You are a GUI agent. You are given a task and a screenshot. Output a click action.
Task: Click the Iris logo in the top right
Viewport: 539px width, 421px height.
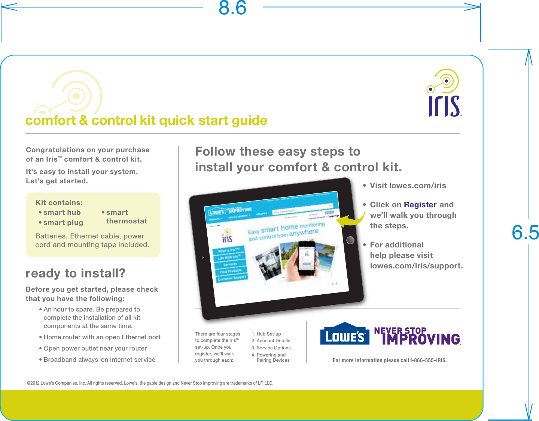coord(444,94)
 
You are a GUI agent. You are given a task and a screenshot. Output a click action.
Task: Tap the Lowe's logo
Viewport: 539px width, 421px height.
coord(345,334)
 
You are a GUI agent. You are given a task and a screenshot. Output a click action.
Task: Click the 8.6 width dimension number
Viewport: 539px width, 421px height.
coord(232,8)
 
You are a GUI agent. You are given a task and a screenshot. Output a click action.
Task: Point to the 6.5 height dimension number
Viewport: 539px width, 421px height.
coord(525,233)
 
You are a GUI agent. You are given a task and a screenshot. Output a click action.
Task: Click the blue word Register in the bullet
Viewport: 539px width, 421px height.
coord(420,205)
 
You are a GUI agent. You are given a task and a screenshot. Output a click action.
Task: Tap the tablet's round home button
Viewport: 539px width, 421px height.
coord(350,240)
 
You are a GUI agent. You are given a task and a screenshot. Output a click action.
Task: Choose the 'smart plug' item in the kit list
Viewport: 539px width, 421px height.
coord(63,223)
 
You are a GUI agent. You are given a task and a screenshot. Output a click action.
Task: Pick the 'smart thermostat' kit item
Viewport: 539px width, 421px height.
coord(126,217)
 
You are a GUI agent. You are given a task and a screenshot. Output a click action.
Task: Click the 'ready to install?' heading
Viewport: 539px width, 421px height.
coord(76,273)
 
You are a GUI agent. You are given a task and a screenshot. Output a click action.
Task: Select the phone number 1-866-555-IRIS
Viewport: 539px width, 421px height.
coord(428,361)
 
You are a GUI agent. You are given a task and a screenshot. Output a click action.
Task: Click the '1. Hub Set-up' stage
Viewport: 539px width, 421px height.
coord(266,334)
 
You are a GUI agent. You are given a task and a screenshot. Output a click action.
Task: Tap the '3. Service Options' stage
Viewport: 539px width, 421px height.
coord(271,348)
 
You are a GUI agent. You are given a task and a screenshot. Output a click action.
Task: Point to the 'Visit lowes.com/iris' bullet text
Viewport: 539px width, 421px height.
coord(408,186)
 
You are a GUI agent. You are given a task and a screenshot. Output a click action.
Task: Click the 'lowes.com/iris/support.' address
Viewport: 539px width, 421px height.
coord(416,266)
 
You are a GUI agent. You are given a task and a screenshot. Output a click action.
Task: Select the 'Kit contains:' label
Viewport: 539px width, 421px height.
coord(59,203)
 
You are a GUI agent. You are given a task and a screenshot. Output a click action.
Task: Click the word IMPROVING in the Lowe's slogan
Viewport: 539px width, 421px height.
coord(421,339)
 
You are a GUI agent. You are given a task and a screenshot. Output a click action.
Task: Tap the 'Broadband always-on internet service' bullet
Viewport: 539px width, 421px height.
coord(99,360)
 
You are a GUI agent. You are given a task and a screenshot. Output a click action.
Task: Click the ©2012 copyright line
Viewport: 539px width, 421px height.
coord(150,383)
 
